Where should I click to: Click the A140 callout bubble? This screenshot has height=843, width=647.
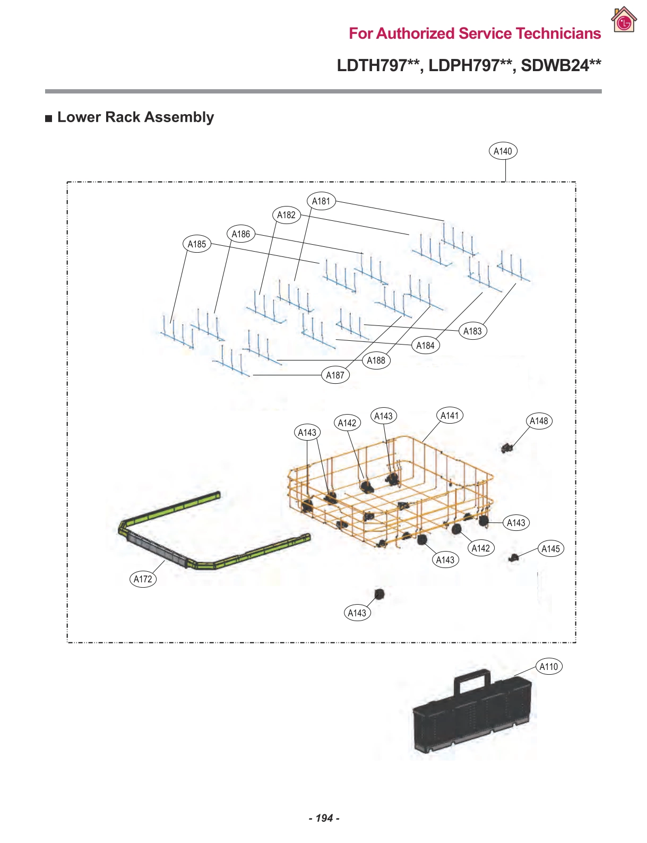[502, 151]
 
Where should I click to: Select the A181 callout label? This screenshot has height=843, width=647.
[321, 201]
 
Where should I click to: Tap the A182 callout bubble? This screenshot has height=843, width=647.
[286, 215]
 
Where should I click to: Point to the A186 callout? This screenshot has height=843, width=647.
[240, 234]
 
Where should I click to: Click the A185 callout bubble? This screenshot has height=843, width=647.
[196, 244]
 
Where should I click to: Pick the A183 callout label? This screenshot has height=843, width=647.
[472, 331]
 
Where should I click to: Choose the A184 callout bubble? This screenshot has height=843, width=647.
[425, 346]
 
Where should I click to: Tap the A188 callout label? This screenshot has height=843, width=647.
[376, 360]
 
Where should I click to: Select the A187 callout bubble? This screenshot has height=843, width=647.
[335, 375]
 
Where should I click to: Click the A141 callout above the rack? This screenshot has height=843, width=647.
[449, 416]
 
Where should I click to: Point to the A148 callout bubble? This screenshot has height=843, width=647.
[539, 421]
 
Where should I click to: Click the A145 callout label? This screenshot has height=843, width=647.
[550, 549]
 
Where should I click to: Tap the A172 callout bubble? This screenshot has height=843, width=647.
[143, 579]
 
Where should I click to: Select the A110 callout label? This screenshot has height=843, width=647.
[548, 667]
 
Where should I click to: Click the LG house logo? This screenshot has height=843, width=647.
[624, 21]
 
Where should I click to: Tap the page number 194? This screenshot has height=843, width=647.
[324, 818]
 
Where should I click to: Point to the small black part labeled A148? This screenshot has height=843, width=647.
[507, 448]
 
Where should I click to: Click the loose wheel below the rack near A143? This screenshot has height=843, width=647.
[378, 593]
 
